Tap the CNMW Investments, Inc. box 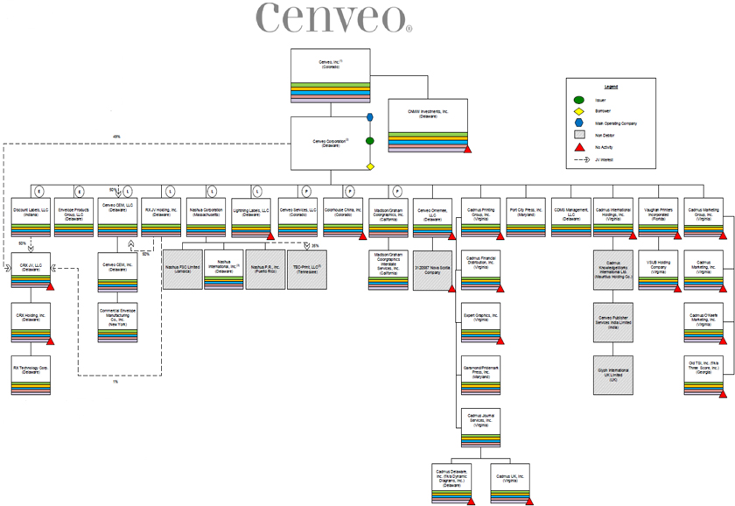click(x=428, y=124)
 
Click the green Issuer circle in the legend click(x=578, y=101)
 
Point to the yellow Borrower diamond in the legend click(x=578, y=112)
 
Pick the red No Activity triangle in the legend click(x=578, y=148)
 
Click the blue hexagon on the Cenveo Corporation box click(x=370, y=117)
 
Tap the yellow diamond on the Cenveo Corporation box click(x=370, y=165)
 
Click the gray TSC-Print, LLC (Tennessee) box click(x=306, y=269)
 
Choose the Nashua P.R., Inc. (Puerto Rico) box click(x=265, y=269)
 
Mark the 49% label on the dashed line click(x=116, y=137)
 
